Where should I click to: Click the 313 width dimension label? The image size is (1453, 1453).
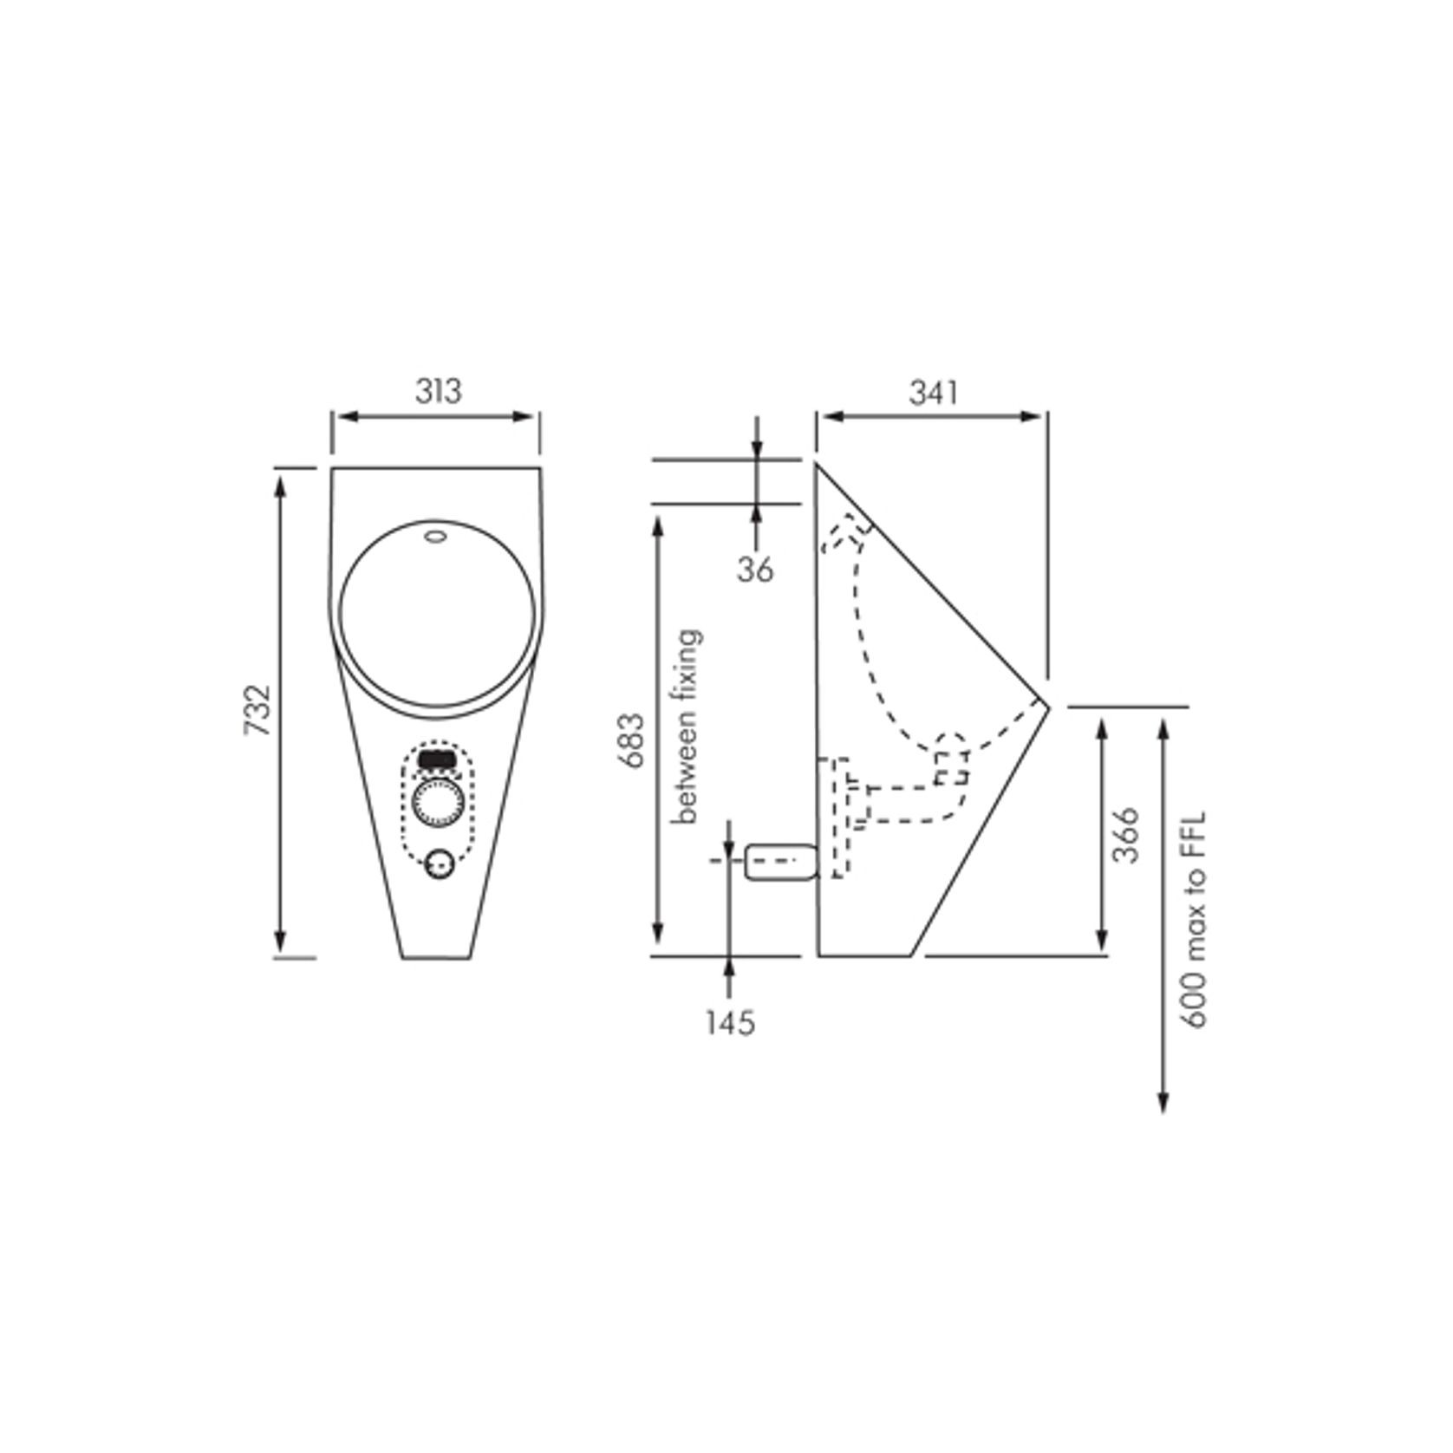438,391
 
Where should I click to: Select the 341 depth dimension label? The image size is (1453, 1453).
934,393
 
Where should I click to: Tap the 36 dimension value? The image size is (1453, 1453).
755,570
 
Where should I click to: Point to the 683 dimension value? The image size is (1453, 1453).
631,740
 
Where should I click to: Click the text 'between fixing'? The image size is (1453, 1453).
687,726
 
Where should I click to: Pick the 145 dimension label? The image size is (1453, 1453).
729,1023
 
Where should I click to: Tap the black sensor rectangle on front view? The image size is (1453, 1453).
439,758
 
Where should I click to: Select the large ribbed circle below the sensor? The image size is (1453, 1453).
439,804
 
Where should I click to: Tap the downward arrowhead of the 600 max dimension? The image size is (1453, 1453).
1163,1102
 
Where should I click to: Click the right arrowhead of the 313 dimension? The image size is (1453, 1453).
527,416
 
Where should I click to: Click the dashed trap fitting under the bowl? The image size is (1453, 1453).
951,760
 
